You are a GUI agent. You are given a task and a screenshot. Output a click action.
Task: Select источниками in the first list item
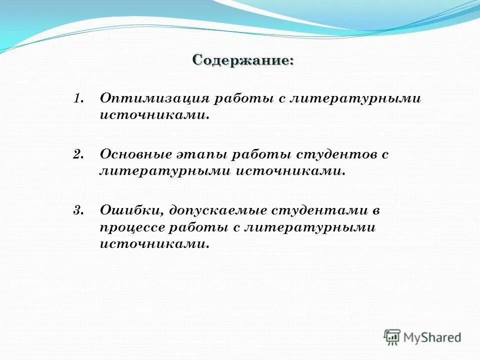pos(154,115)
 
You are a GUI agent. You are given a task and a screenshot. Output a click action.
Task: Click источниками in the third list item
pos(154,244)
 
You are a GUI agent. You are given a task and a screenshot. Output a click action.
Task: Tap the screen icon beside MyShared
pos(392,337)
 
